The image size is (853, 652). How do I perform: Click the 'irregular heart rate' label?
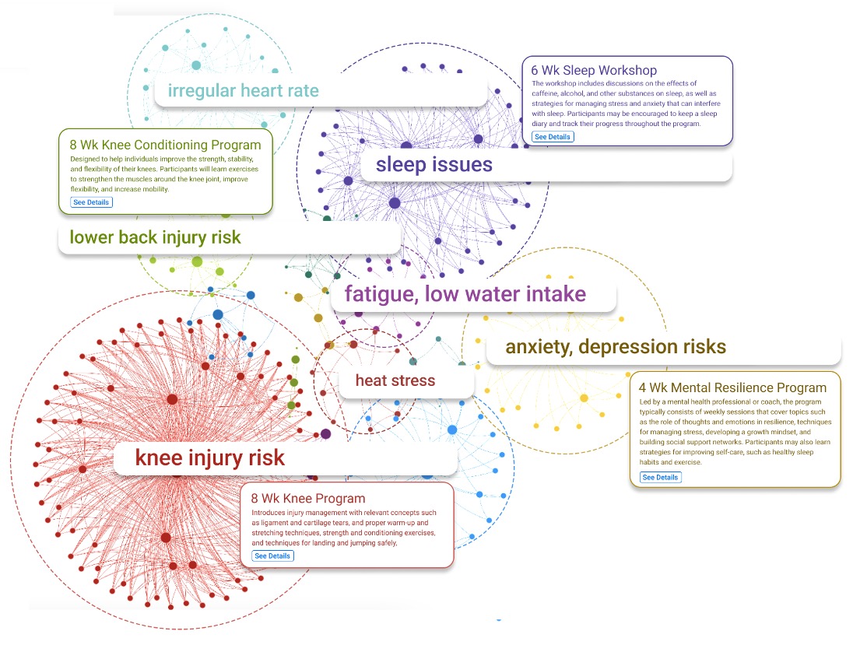click(x=243, y=90)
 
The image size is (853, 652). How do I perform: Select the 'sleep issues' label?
click(x=434, y=164)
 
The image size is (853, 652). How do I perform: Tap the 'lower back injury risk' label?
click(x=155, y=237)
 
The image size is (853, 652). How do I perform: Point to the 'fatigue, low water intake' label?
click(x=465, y=294)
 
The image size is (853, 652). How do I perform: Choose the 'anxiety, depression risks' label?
click(x=615, y=346)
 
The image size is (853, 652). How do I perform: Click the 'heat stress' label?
click(x=395, y=380)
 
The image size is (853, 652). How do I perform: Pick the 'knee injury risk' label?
click(x=210, y=457)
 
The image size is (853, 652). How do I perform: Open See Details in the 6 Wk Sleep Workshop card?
click(x=553, y=137)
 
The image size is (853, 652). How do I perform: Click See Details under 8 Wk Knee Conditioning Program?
click(x=91, y=202)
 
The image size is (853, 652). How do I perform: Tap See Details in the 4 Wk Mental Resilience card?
click(x=660, y=477)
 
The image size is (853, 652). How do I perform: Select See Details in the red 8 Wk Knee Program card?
click(x=272, y=556)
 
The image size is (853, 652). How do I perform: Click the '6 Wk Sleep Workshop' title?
click(x=594, y=71)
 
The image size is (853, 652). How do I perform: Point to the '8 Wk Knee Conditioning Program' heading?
click(x=165, y=145)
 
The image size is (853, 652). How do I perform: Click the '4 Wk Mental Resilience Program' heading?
click(x=732, y=387)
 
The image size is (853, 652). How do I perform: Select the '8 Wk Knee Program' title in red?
click(x=308, y=498)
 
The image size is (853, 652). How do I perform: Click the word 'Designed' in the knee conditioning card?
click(x=86, y=159)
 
